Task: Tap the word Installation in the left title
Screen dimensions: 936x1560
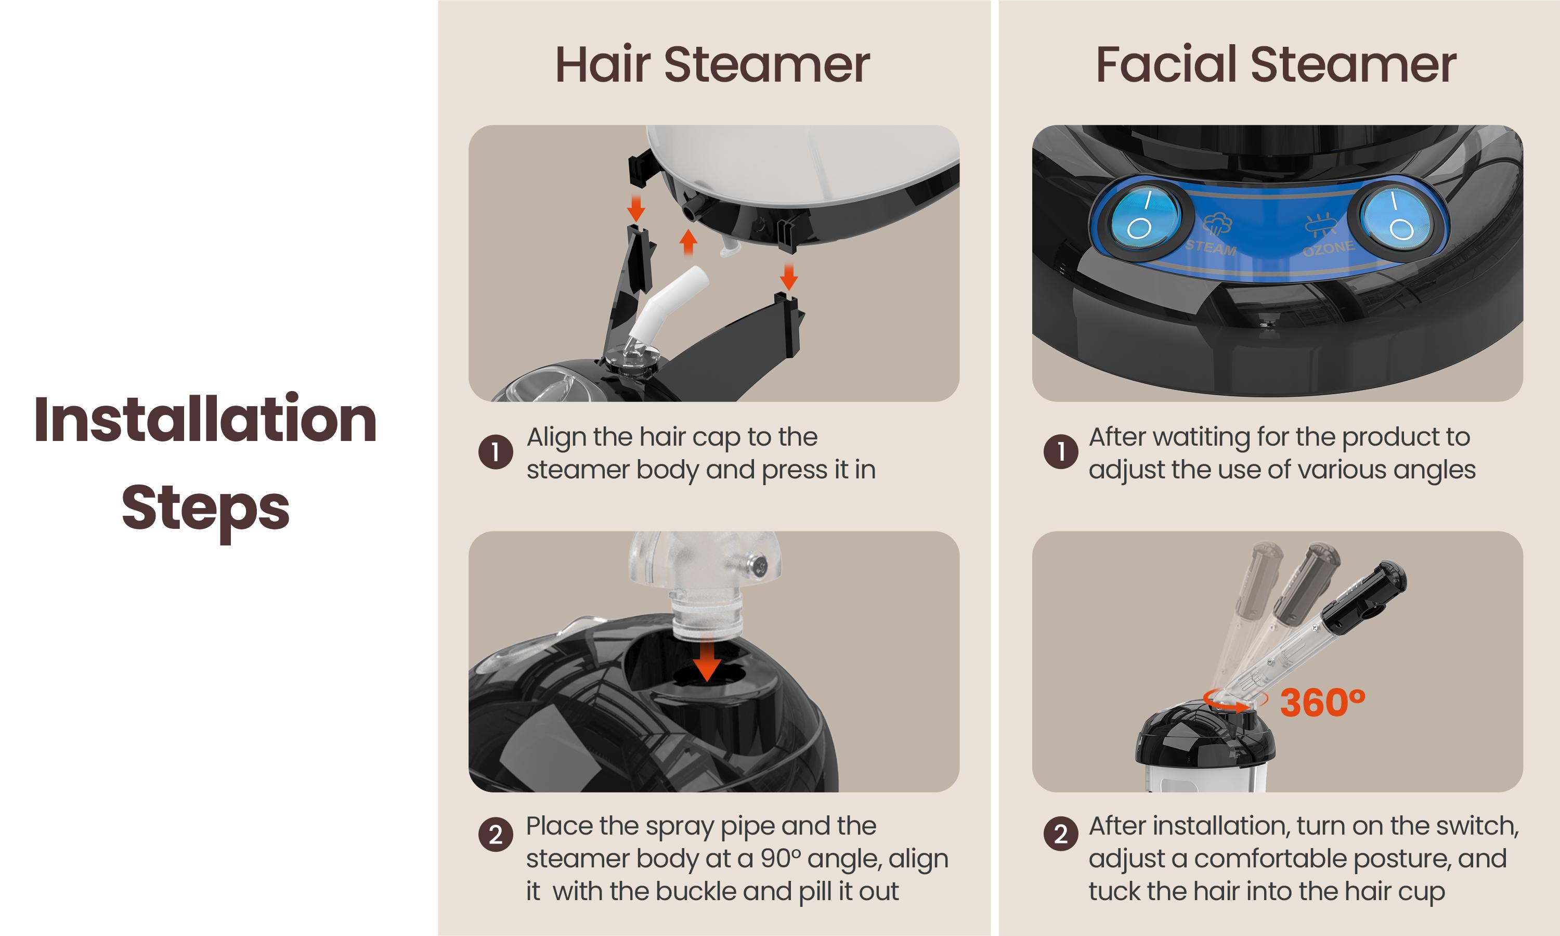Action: point(205,420)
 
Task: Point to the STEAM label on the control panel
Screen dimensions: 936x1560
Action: point(1211,246)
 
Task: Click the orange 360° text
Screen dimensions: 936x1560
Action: point(1322,702)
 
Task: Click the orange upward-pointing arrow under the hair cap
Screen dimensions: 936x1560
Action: point(688,242)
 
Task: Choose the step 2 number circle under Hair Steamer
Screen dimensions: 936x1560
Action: point(495,834)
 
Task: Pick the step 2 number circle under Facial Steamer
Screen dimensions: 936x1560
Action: point(1061,834)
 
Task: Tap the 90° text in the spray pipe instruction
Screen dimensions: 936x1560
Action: point(780,859)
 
